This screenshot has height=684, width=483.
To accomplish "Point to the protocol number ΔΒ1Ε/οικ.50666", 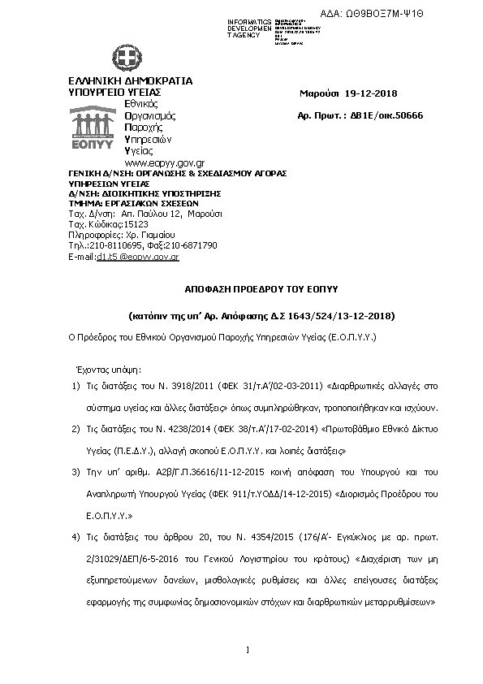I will click(377, 116).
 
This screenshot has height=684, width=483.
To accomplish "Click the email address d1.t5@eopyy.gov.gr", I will click(137, 256).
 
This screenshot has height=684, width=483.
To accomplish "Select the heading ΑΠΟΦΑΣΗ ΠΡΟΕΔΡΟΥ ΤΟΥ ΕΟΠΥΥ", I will click(250, 289).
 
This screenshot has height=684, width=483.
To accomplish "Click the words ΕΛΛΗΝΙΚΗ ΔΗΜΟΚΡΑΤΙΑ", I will click(130, 81).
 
